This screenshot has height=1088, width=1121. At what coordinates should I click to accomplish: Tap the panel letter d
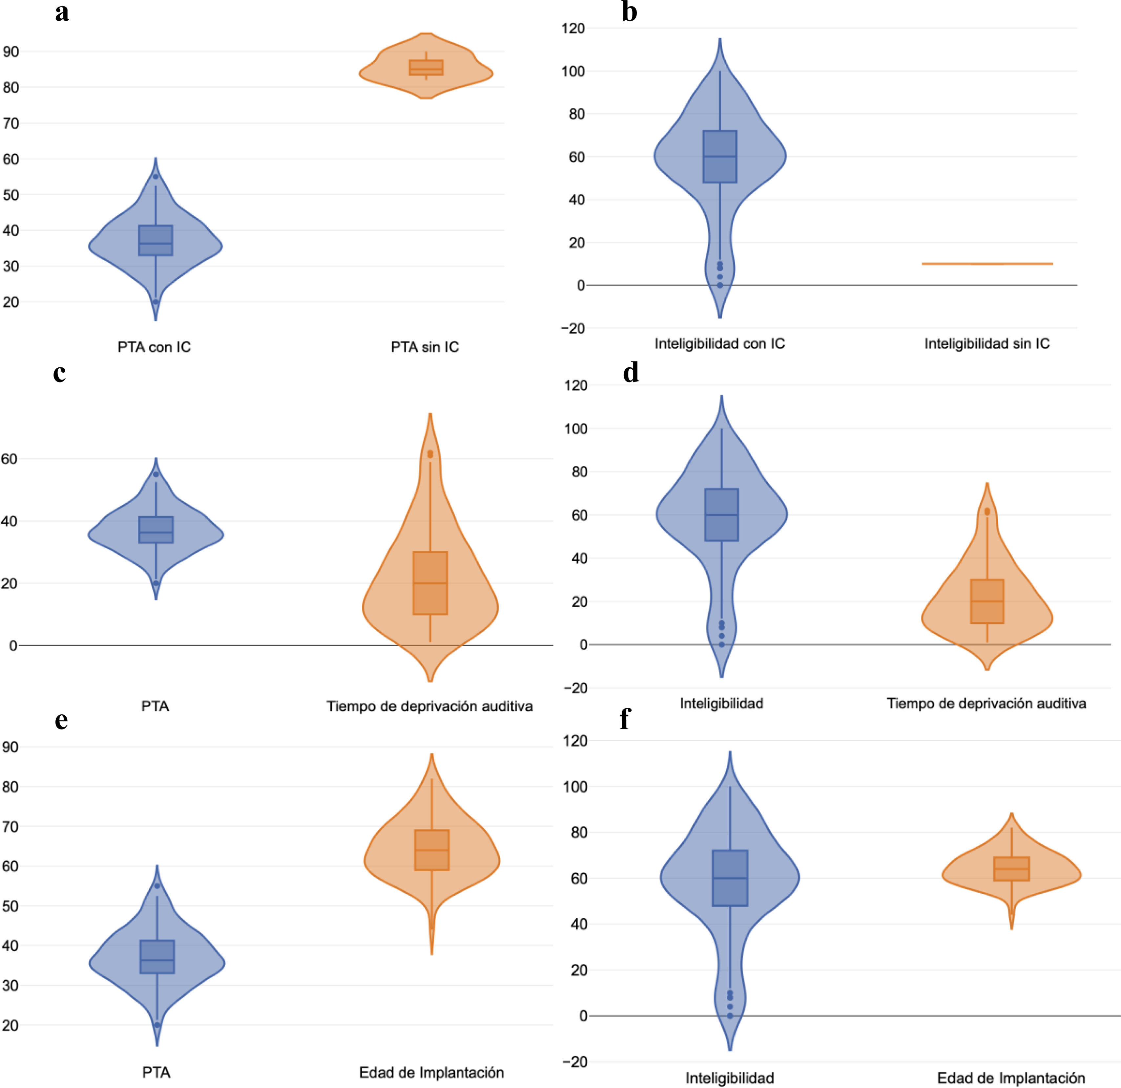click(631, 373)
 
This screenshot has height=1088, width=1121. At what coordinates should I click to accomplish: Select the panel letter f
click(625, 719)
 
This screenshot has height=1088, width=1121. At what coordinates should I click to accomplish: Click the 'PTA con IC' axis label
click(155, 347)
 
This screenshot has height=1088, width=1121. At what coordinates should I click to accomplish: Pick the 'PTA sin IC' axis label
click(425, 347)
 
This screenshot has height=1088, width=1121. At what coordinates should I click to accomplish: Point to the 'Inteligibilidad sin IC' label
click(987, 343)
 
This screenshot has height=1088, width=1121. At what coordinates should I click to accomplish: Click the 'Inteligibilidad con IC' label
click(719, 343)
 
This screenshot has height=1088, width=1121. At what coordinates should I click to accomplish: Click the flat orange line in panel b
click(987, 264)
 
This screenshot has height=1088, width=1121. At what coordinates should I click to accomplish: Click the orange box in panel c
click(430, 583)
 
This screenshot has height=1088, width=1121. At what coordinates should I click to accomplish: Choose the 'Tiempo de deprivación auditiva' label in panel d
click(986, 704)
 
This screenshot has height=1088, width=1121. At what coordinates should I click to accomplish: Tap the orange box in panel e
click(432, 850)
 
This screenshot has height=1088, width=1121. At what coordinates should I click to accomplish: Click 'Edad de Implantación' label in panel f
click(1011, 1078)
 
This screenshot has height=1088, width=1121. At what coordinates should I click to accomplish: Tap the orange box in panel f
click(1011, 869)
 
